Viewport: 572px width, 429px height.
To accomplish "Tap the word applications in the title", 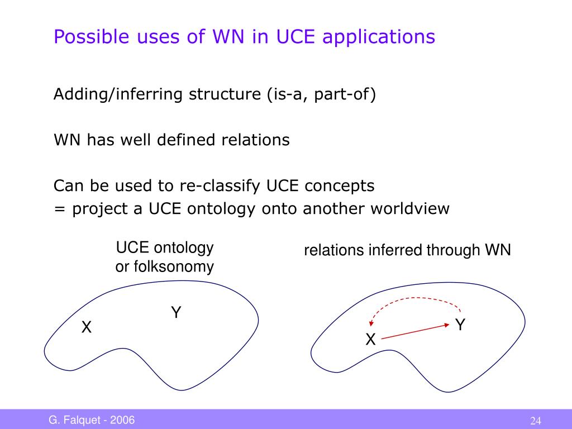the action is [x=379, y=37].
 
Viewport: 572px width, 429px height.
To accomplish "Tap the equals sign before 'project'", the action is [x=59, y=209].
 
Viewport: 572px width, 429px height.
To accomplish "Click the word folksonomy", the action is [x=165, y=266].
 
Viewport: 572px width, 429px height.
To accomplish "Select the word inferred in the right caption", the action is [x=395, y=250].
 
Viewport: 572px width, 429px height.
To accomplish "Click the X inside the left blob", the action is [x=87, y=328].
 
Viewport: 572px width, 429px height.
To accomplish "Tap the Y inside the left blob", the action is [x=176, y=313].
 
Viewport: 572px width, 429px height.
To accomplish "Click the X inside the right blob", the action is [x=370, y=339].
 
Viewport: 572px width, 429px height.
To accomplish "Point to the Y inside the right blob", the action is [x=460, y=325].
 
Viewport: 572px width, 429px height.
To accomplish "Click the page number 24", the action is [x=536, y=421].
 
